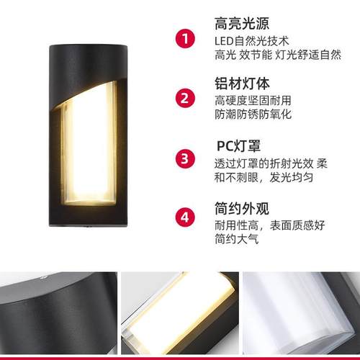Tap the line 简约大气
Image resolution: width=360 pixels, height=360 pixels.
point(237,240)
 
